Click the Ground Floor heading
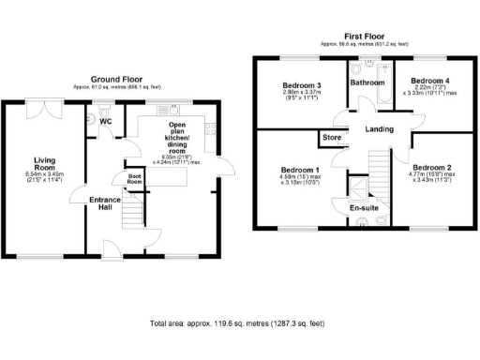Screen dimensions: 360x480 point(116,79)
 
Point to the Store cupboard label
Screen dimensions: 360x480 point(331,138)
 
